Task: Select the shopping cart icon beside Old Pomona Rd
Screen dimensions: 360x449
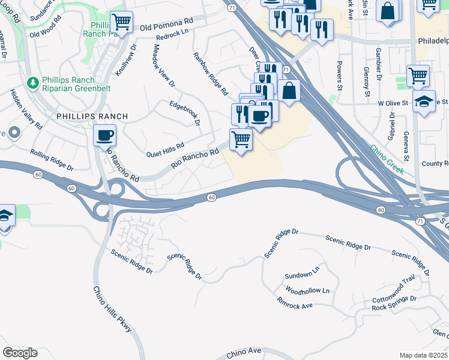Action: tap(122, 22)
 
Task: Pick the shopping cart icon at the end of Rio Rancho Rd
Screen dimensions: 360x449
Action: tap(241, 139)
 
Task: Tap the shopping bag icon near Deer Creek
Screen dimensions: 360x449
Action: tap(289, 91)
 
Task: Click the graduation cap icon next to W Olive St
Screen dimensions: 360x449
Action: tap(424, 101)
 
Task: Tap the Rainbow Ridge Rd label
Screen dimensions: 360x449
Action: tap(211, 74)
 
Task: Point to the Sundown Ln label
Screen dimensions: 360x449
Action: tap(302, 275)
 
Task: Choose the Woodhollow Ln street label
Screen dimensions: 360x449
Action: tap(307, 291)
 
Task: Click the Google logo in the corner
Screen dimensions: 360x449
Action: tap(20, 352)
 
